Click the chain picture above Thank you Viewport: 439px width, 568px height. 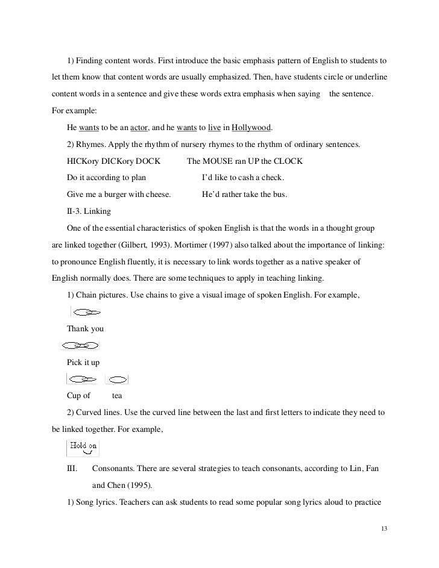click(87, 312)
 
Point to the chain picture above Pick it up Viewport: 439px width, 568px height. click(81, 346)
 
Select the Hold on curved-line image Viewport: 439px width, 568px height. click(83, 448)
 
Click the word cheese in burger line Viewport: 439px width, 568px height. click(158, 195)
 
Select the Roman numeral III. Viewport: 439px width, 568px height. click(73, 469)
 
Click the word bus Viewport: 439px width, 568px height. click(279, 195)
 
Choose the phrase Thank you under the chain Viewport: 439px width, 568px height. click(85, 329)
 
